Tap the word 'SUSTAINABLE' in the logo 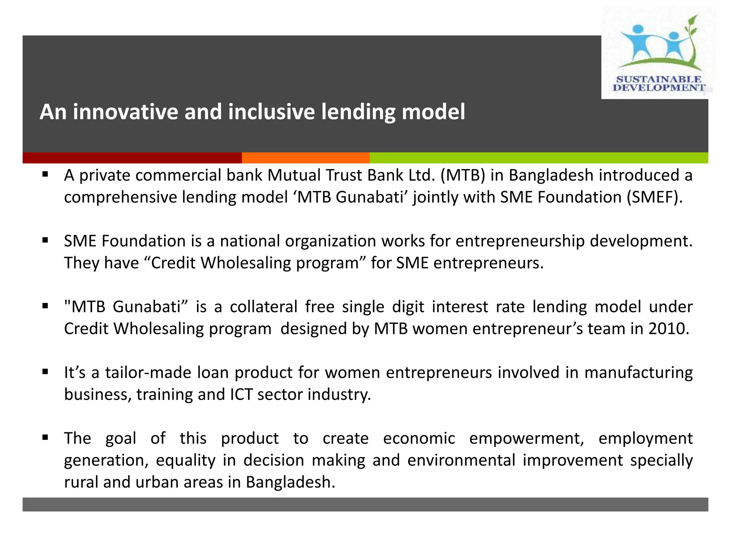pos(659,79)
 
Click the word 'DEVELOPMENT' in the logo pos(659,88)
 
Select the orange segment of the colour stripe pos(306,158)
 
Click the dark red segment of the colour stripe pos(132,158)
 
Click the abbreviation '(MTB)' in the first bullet pos(463,175)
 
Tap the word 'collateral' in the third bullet pos(263,306)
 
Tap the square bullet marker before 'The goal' pos(45,437)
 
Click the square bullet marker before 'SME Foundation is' pos(45,240)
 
